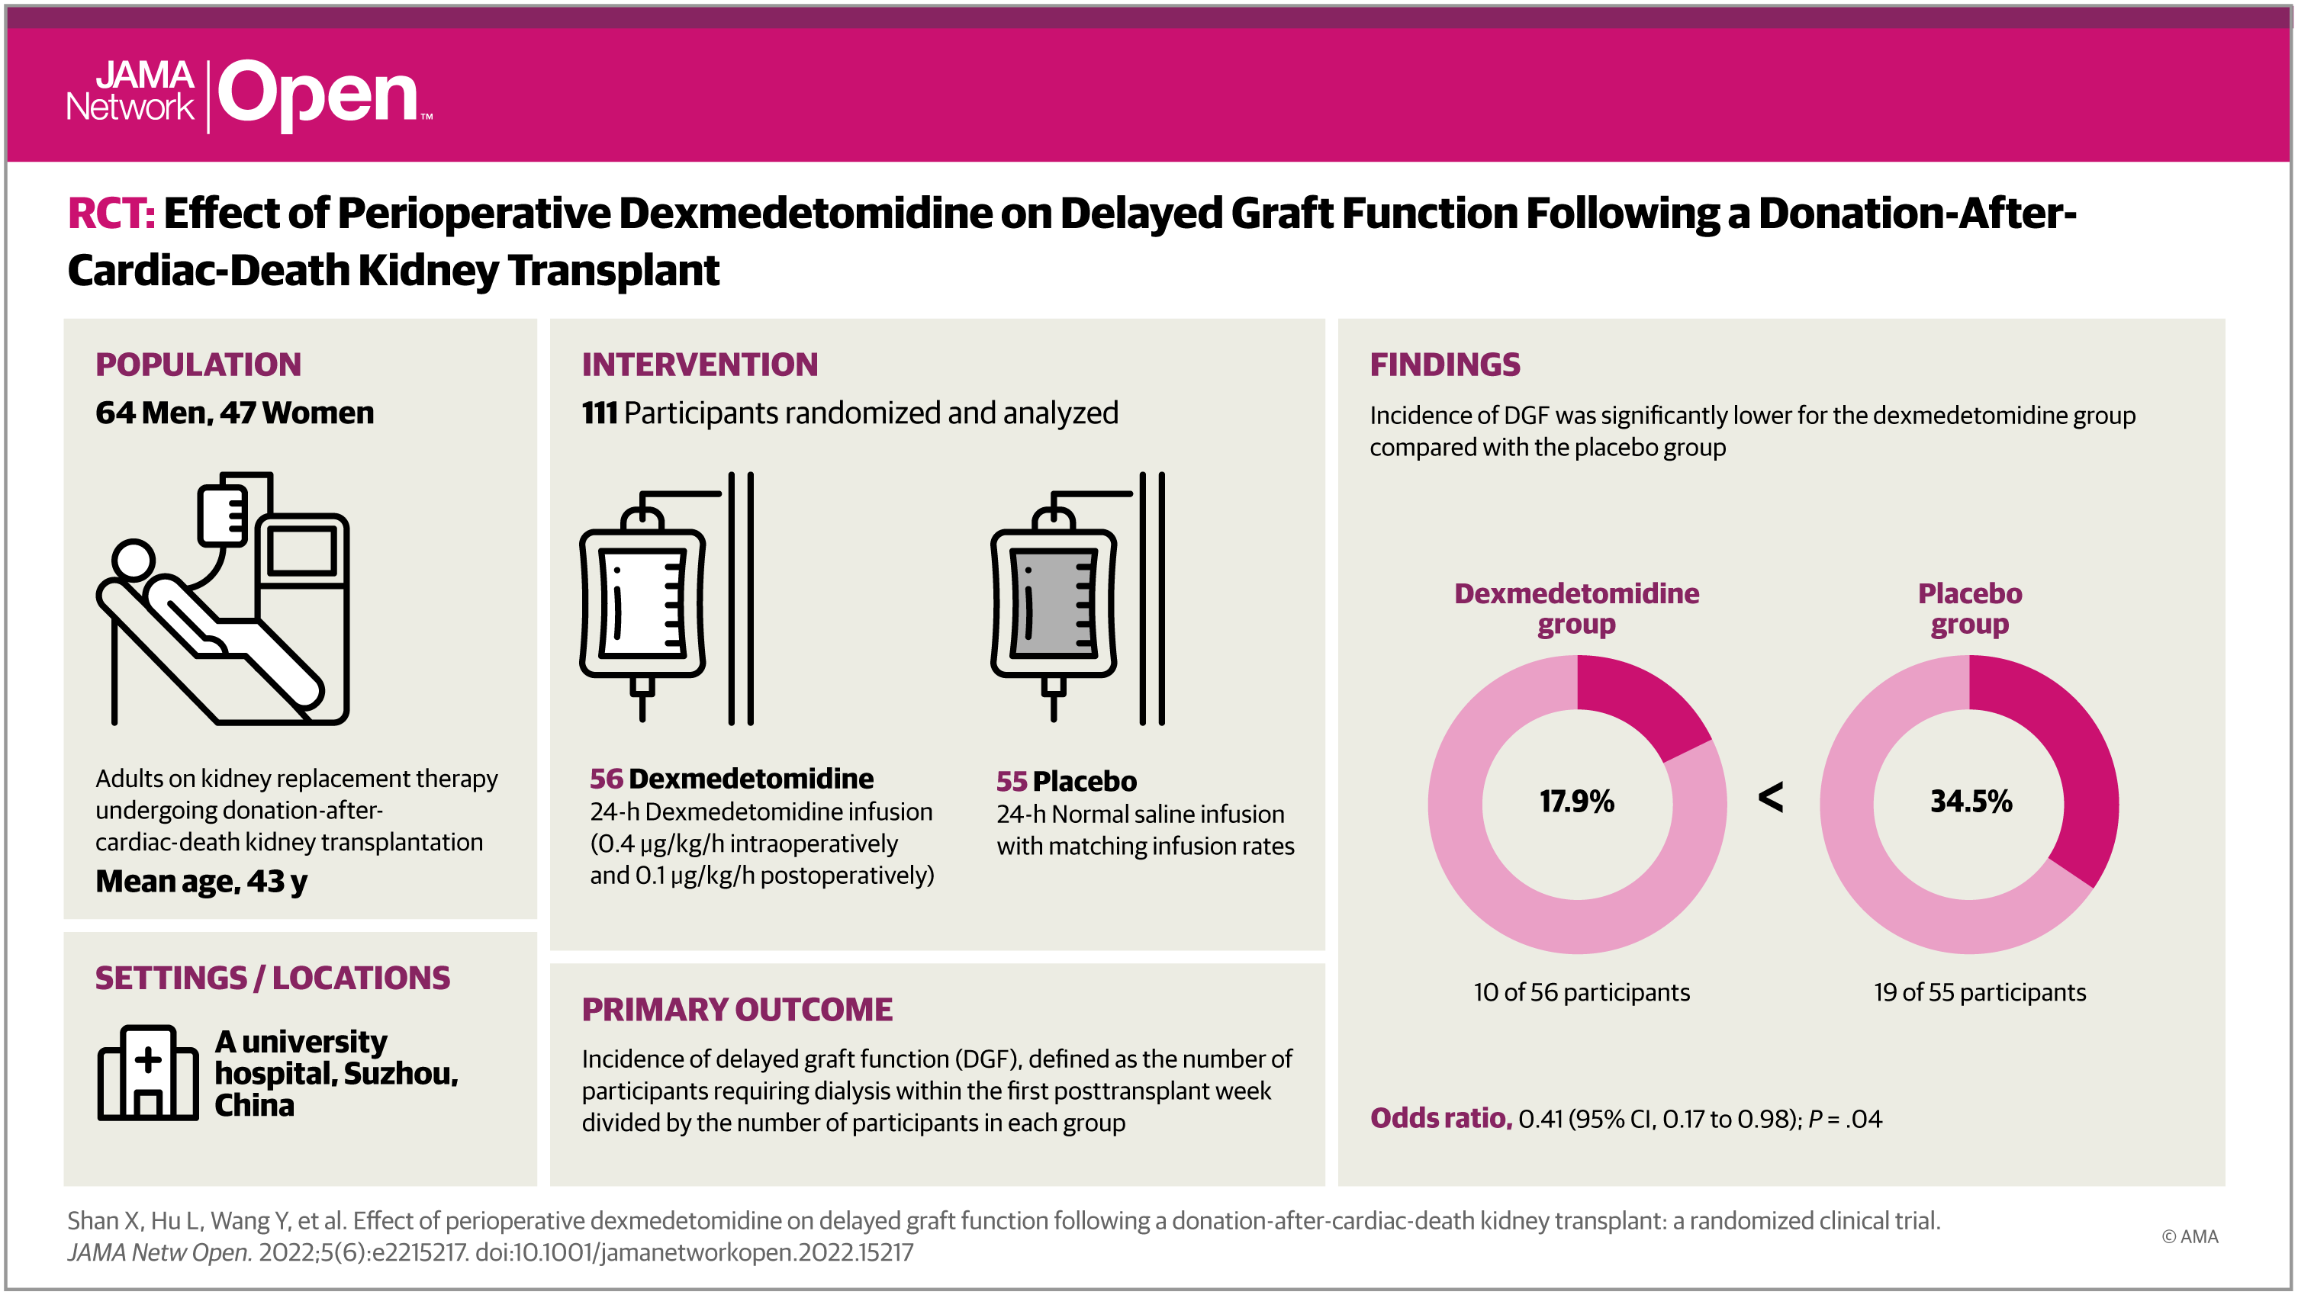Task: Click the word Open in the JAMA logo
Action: pos(317,94)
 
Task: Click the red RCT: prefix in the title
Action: pos(111,214)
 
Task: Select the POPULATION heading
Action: pos(198,364)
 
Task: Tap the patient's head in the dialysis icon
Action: pos(133,560)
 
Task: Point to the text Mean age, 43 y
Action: pos(201,881)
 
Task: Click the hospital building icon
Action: pos(147,1073)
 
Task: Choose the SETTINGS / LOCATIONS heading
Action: pos(272,978)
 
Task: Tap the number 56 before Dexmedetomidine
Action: pos(606,779)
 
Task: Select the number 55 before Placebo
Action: pos(1012,781)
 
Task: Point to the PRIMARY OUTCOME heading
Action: pos(737,1009)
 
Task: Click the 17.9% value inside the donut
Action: pos(1576,801)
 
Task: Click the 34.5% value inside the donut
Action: pos(1971,801)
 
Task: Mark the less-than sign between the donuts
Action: pos(1771,796)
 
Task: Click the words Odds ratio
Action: pos(1440,1117)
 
